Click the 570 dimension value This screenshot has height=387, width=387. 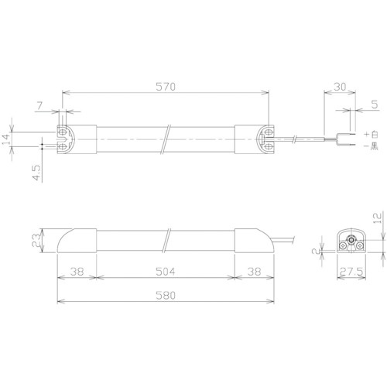click(166, 87)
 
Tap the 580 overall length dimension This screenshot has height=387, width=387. click(166, 296)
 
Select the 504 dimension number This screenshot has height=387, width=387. click(166, 272)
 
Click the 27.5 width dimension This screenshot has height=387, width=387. click(351, 272)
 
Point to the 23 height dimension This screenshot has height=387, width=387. click(36, 240)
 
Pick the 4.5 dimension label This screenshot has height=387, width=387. click(36, 173)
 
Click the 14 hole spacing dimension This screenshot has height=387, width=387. click(7, 139)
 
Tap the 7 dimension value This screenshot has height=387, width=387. click(39, 106)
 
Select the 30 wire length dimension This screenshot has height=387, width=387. click(340, 87)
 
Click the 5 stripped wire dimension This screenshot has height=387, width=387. click(375, 104)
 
